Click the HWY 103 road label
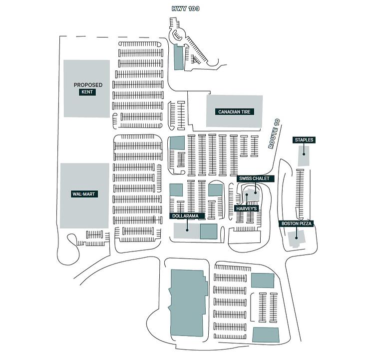click(185, 8)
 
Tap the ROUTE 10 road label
click(274, 133)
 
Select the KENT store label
click(87, 92)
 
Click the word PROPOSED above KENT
click(88, 85)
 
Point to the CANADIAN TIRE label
click(235, 112)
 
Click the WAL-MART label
click(84, 194)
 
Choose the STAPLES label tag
click(304, 140)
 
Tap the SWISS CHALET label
click(254, 178)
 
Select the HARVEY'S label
click(247, 208)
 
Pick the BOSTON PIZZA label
click(296, 223)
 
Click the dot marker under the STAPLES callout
click(304, 154)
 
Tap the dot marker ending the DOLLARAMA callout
click(187, 230)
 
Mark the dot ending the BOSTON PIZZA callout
click(297, 238)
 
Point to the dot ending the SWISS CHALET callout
click(255, 192)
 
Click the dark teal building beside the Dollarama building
click(209, 231)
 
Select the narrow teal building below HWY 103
click(179, 57)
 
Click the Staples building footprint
click(304, 156)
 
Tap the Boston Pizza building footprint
click(296, 238)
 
